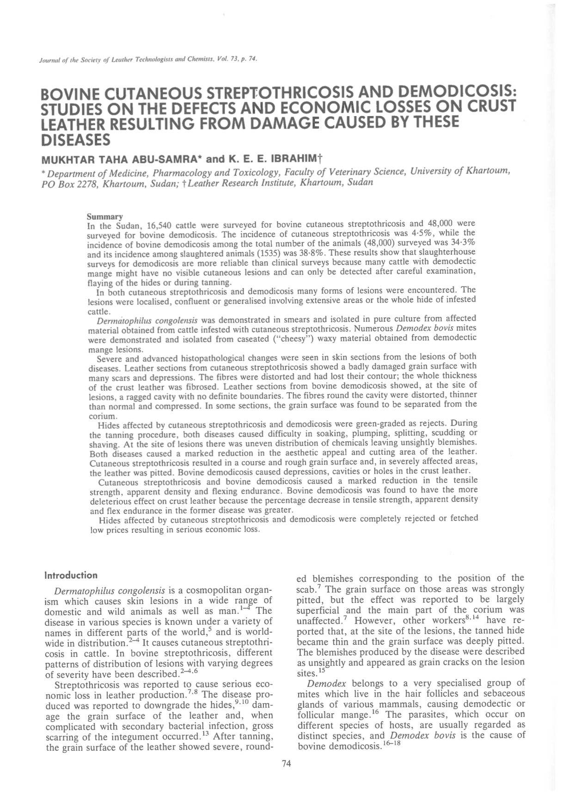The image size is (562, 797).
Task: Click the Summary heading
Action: (x=105, y=216)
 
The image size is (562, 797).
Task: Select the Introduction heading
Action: (x=71, y=575)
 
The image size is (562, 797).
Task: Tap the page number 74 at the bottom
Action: (x=286, y=764)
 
